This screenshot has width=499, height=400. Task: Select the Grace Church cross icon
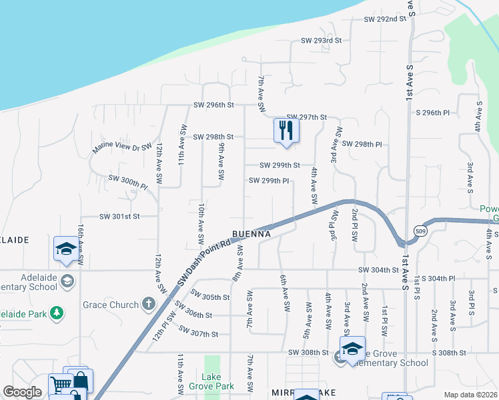tap(148, 305)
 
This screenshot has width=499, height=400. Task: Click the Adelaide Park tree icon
tap(57, 311)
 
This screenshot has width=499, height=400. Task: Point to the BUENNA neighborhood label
tap(252, 235)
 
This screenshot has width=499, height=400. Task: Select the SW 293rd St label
tap(321, 41)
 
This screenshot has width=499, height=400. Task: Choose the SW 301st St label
tap(119, 216)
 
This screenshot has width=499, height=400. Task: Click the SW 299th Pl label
tap(269, 181)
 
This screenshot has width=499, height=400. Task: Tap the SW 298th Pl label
tap(362, 144)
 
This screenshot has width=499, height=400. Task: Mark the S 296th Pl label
tap(436, 113)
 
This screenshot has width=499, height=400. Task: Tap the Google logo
tap(22, 392)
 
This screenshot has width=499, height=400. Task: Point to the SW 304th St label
tap(378, 270)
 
